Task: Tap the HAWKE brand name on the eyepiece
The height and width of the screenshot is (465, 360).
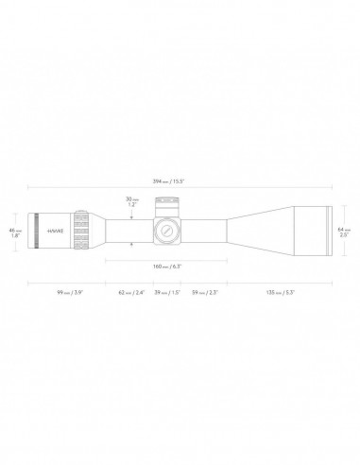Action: [x=59, y=231]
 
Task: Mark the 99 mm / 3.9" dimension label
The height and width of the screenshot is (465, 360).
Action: [x=71, y=293]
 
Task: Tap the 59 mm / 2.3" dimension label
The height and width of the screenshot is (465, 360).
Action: [x=204, y=293]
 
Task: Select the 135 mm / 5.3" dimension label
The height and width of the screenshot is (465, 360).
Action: [x=281, y=293]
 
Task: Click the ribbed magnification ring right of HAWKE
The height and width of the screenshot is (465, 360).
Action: [x=83, y=231]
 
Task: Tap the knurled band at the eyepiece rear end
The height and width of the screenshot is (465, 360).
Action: [x=37, y=231]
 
